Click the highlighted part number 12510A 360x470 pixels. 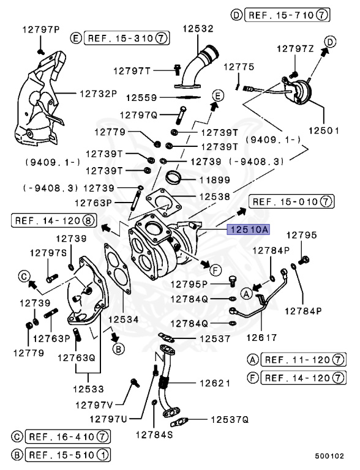point(248,230)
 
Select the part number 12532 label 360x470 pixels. point(197,28)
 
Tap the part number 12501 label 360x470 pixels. point(323,130)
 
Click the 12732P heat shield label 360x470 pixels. point(98,94)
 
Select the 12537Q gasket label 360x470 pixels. point(230,419)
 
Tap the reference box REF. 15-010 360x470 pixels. point(291,201)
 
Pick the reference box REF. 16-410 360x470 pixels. point(68,436)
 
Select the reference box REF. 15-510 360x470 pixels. point(68,455)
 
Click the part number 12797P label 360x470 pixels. point(41,29)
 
